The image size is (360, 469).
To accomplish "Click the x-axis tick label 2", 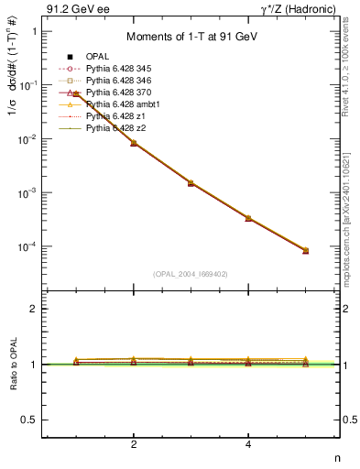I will [134, 444].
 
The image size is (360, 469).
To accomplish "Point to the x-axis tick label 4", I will [249, 444].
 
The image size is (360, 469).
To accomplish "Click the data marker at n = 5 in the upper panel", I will [306, 250].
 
